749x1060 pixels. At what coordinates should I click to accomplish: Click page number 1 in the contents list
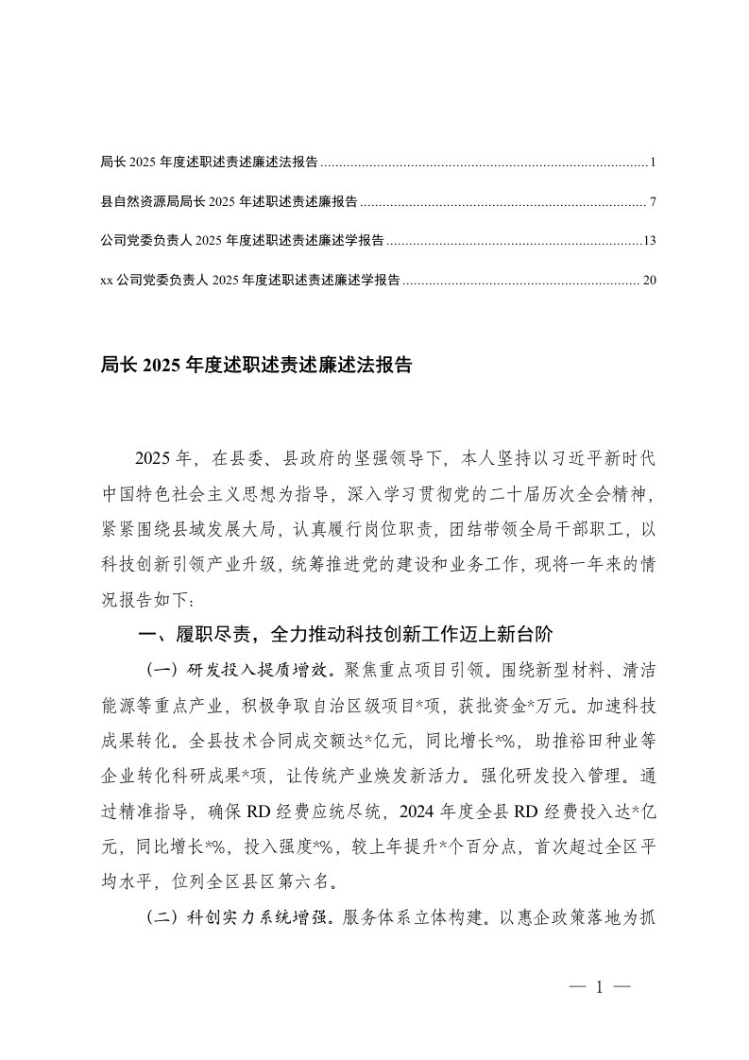[653, 162]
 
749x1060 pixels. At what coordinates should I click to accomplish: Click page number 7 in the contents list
[653, 202]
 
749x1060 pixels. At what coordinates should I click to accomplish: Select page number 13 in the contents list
[649, 241]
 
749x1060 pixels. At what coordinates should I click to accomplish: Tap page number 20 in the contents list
[649, 281]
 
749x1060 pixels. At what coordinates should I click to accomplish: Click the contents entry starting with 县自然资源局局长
[228, 202]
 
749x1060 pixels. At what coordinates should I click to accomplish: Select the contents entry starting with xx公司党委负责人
[249, 281]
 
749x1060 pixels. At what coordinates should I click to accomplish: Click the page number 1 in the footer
[599, 987]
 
